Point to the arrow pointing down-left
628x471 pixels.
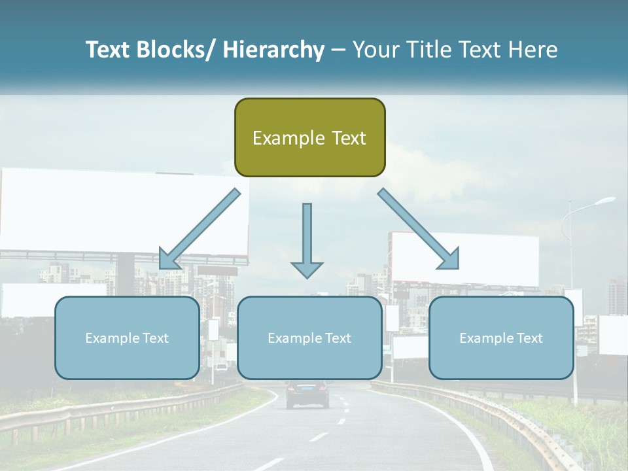point(200,229)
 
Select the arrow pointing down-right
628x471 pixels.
point(419,229)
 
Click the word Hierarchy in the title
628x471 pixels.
point(273,50)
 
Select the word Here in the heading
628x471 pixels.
point(532,50)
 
